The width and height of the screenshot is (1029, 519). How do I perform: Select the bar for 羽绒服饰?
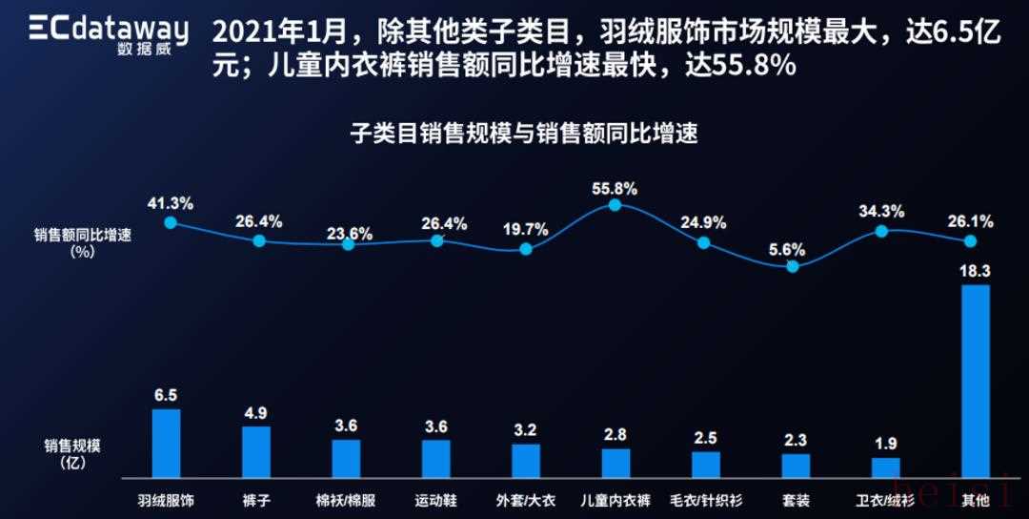(167, 443)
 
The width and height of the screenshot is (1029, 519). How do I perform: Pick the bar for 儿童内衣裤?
(615, 463)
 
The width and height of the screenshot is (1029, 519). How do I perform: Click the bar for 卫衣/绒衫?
(886, 467)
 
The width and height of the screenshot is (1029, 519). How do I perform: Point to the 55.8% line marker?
(615, 205)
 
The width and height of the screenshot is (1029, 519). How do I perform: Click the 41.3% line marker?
(171, 222)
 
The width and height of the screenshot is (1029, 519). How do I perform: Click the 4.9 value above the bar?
(256, 413)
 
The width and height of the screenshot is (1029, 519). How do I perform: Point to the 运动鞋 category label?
(435, 500)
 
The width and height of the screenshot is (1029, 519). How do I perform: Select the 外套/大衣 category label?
(525, 500)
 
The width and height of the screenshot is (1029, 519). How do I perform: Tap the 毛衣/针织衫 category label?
(705, 500)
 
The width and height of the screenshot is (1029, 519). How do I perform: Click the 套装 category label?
(795, 500)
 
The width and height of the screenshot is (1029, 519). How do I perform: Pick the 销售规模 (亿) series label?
(72, 453)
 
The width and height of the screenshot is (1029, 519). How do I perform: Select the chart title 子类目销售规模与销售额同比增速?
(524, 134)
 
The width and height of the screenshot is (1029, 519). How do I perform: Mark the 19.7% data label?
(526, 229)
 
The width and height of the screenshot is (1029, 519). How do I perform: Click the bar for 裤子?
(256, 451)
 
